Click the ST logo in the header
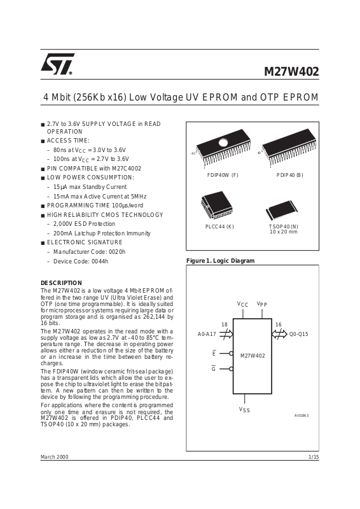pyautogui.click(x=57, y=64)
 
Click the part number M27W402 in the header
pyautogui.click(x=291, y=71)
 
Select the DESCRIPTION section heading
pyautogui.click(x=61, y=282)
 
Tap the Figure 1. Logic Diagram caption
pyautogui.click(x=221, y=261)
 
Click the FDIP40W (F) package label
pyautogui.click(x=223, y=175)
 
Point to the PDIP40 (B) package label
pyautogui.click(x=289, y=175)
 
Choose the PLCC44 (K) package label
pyautogui.click(x=219, y=227)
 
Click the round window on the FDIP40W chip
pyautogui.click(x=224, y=143)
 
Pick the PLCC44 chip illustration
pyautogui.click(x=216, y=206)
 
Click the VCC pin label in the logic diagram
pyautogui.click(x=242, y=304)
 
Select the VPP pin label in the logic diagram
pyautogui.click(x=261, y=304)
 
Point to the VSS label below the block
pyautogui.click(x=244, y=410)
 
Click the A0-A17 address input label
pyautogui.click(x=207, y=334)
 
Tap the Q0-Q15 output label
pyautogui.click(x=299, y=334)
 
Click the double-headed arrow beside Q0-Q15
pyautogui.click(x=279, y=334)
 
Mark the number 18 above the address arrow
pyautogui.click(x=225, y=324)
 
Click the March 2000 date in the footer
pyautogui.click(x=54, y=457)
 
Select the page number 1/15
pyautogui.click(x=314, y=457)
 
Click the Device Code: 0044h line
pyautogui.click(x=81, y=261)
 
